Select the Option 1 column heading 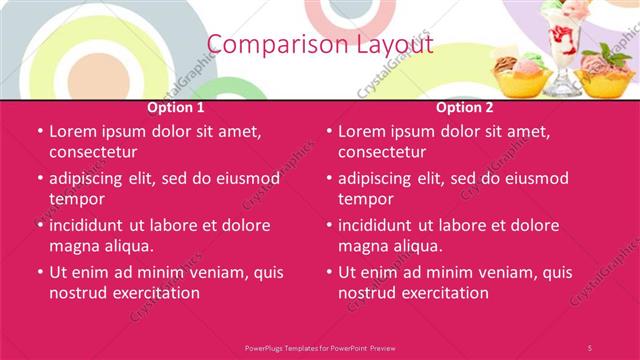tap(176, 107)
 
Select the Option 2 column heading tap(465, 107)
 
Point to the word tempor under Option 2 tap(367, 199)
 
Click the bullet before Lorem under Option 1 tap(39, 131)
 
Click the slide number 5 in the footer tap(590, 347)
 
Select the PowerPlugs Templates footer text tap(320, 347)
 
